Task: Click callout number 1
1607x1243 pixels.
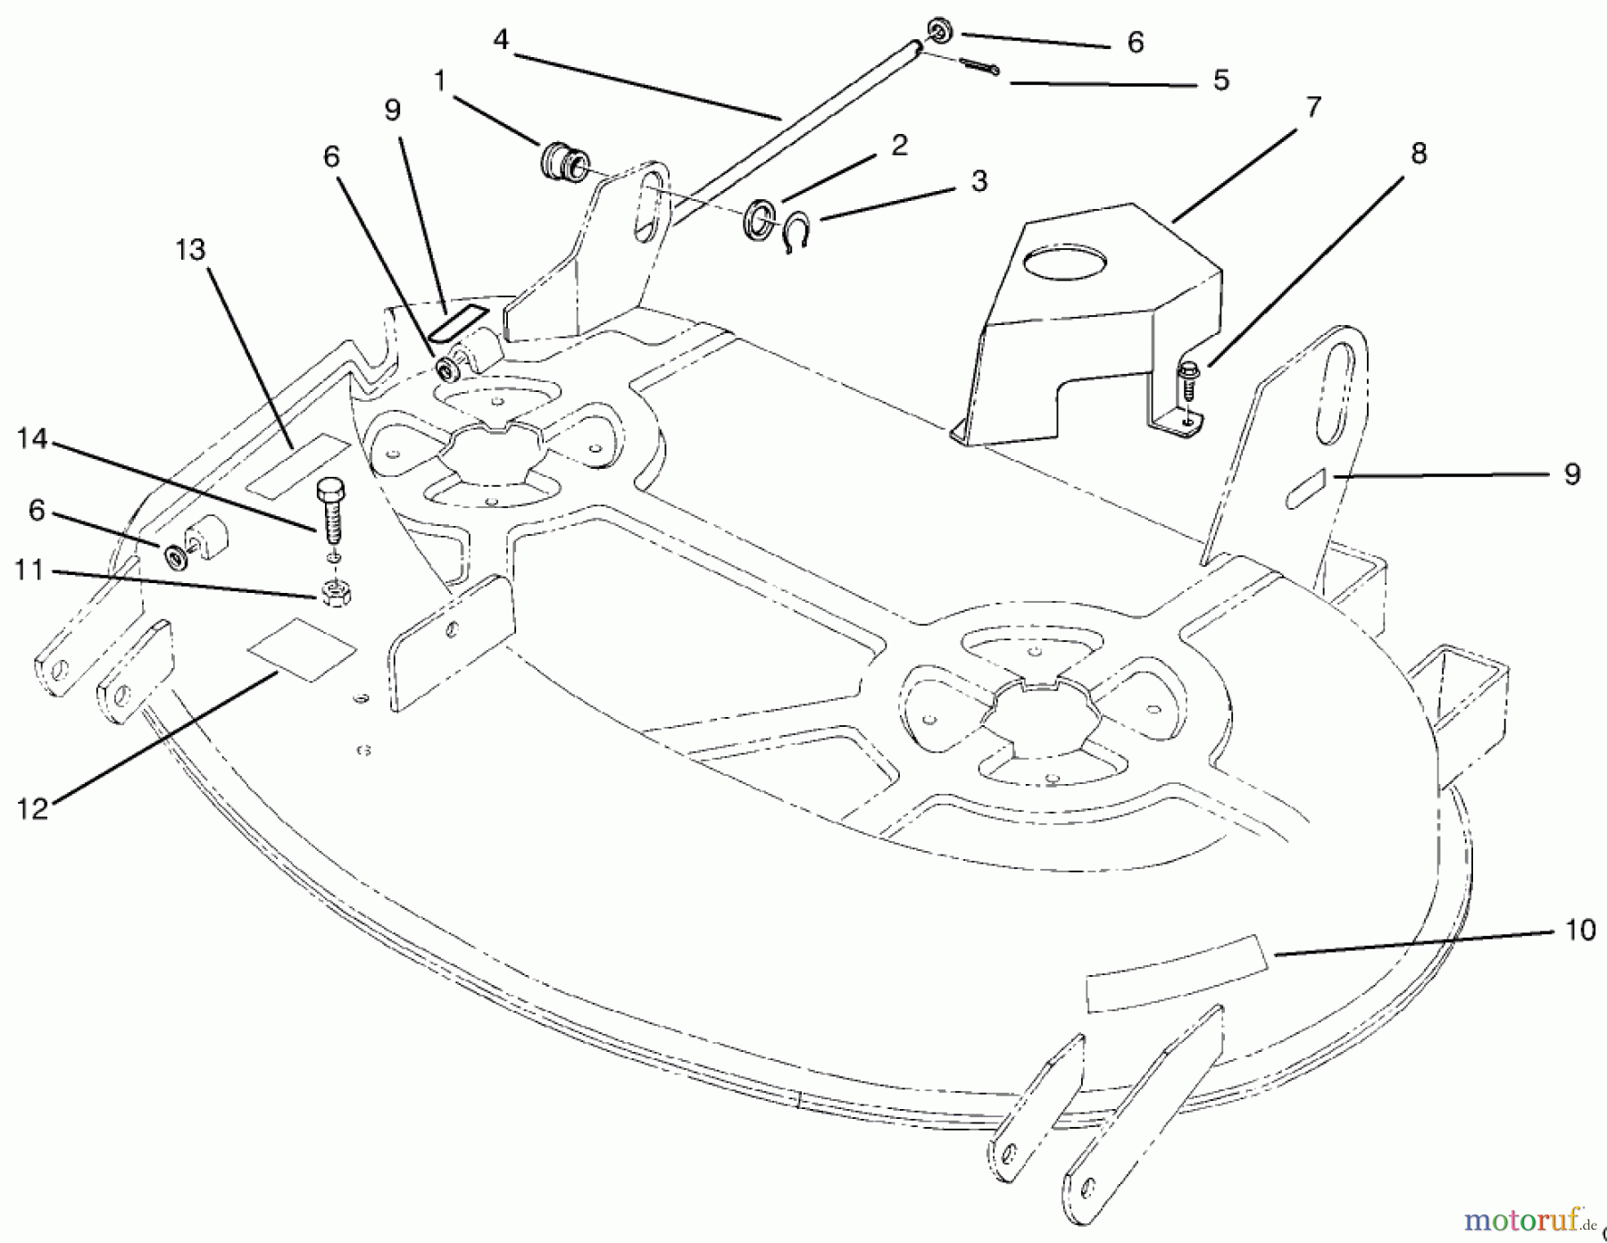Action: [439, 81]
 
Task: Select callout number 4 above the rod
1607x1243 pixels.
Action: [500, 41]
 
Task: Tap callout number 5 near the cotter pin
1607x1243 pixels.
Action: [1220, 80]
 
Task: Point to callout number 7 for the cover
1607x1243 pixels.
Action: [1312, 106]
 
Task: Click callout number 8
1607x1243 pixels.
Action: [1418, 153]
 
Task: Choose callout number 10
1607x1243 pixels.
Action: [1579, 930]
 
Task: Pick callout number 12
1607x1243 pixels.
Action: [31, 808]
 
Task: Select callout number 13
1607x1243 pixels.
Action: [190, 251]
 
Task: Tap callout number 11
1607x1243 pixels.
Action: [29, 569]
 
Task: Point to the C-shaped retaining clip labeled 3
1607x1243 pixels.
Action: [795, 235]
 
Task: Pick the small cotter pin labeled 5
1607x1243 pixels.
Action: [979, 66]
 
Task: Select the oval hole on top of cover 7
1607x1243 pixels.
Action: [1065, 262]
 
